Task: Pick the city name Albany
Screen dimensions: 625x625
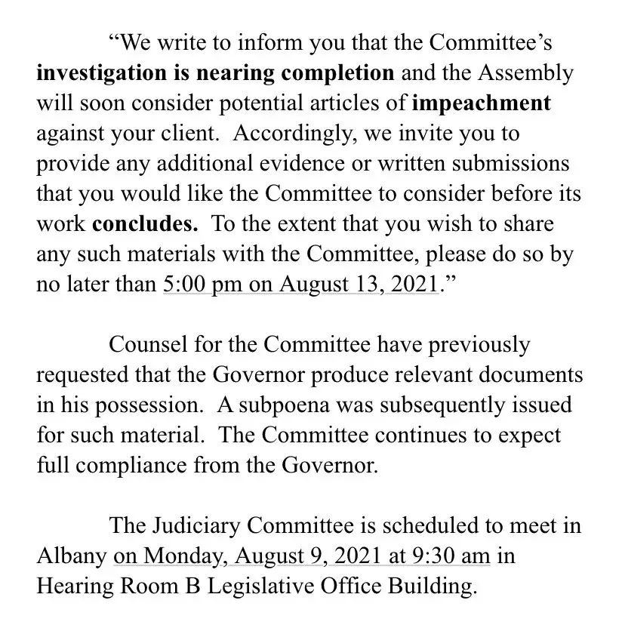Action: [72, 557]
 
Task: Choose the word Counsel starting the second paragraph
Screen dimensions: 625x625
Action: [146, 345]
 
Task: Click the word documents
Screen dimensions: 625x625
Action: [525, 375]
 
